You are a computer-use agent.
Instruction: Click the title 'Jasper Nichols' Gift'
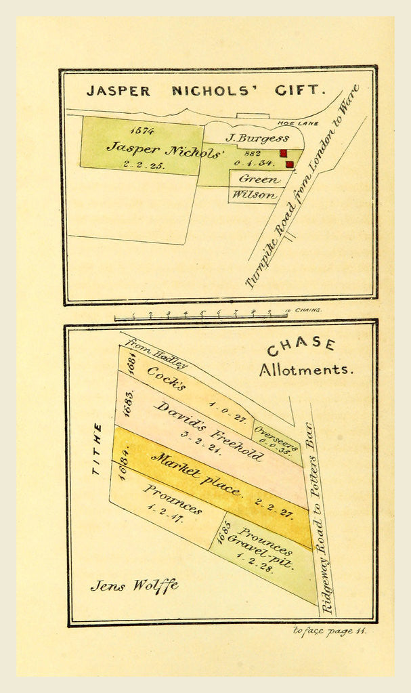tap(206, 90)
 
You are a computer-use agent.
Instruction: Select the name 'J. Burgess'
tap(257, 138)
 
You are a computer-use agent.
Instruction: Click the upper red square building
tap(284, 153)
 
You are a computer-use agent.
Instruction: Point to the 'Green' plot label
tap(259, 179)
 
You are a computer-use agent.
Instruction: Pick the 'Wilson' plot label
tap(255, 195)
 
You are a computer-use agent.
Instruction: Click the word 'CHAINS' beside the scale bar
tap(308, 310)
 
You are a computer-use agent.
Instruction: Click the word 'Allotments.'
tap(305, 370)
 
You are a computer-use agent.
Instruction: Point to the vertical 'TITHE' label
tap(98, 448)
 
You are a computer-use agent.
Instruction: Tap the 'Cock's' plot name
tap(167, 378)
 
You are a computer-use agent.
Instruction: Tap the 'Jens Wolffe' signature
tap(134, 585)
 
